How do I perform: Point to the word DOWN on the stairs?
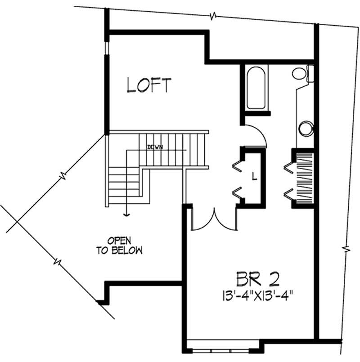tap(154, 147)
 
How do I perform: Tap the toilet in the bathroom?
tap(301, 72)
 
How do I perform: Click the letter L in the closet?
tap(254, 177)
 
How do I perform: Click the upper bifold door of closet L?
tap(237, 165)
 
